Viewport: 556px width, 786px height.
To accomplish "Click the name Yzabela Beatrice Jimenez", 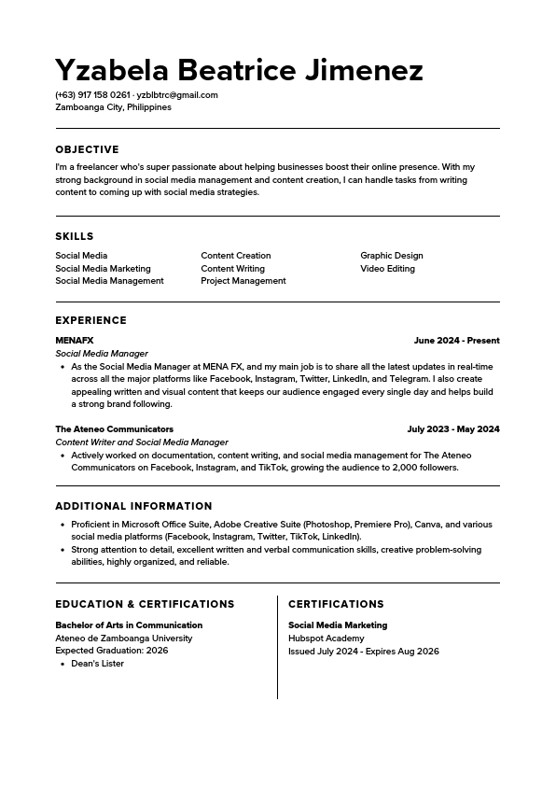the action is coord(239,70).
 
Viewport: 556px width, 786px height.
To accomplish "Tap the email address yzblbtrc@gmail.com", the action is coord(177,95).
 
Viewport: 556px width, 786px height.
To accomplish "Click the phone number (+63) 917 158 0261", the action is coord(92,95).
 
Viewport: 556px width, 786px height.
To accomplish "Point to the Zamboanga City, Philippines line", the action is coord(113,107).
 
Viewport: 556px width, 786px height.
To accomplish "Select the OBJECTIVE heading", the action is coord(87,149).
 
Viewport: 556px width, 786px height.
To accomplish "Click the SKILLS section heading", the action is coord(75,236).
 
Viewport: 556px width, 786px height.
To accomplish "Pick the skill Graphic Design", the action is coord(392,256).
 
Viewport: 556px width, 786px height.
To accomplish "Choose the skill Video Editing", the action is coord(387,269).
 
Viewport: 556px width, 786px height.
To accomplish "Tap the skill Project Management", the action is coord(243,281).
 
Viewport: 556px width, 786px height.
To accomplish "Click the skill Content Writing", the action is coord(232,269).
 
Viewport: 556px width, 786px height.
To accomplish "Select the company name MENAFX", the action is coord(75,341).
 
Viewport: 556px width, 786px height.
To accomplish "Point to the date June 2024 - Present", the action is coord(456,341).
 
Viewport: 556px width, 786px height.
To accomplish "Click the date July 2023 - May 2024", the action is coord(453,429).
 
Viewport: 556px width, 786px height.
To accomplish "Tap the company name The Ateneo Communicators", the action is coord(114,429).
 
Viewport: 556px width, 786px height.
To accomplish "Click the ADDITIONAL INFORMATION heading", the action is coord(133,507).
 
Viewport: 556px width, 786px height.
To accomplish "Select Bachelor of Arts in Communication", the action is coord(129,625).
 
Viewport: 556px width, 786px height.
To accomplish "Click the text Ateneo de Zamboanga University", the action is coord(123,639).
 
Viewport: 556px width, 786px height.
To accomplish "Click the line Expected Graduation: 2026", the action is coord(111,651).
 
